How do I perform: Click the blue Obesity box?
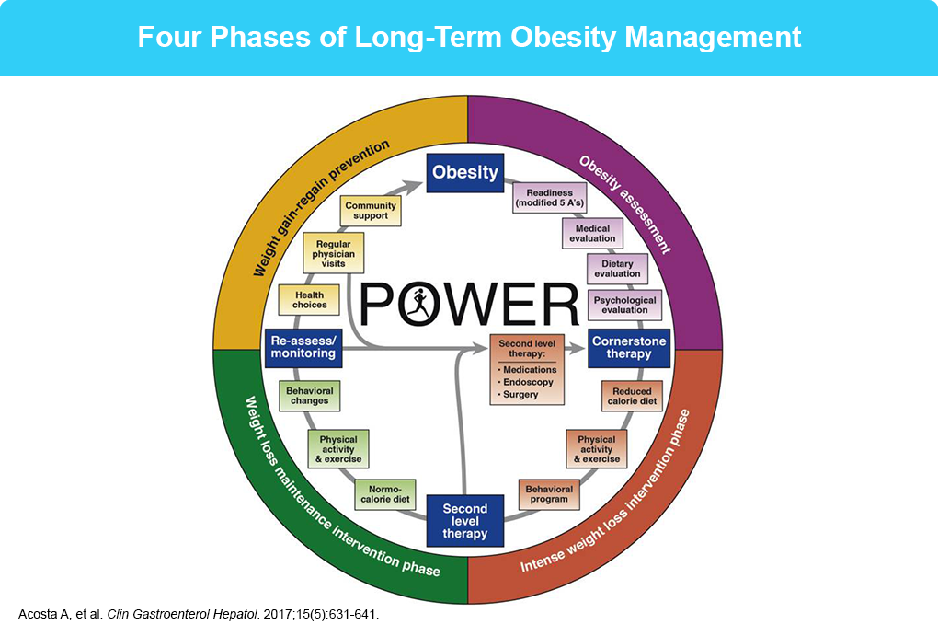464,173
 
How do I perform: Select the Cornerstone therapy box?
629,348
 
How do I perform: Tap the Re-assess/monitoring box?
303,348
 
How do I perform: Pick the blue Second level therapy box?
464,521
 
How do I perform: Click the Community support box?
371,211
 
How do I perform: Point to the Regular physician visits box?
333,254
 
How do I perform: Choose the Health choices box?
309,300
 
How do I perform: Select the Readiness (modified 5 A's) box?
550,198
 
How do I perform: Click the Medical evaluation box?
592,234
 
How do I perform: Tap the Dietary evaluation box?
617,269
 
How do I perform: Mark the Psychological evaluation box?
624,305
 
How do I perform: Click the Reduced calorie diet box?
632,397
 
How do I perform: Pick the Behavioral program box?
549,494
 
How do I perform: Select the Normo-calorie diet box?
384,494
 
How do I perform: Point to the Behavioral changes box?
309,396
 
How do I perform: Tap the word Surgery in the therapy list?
520,395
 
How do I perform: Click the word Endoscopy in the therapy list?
528,382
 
